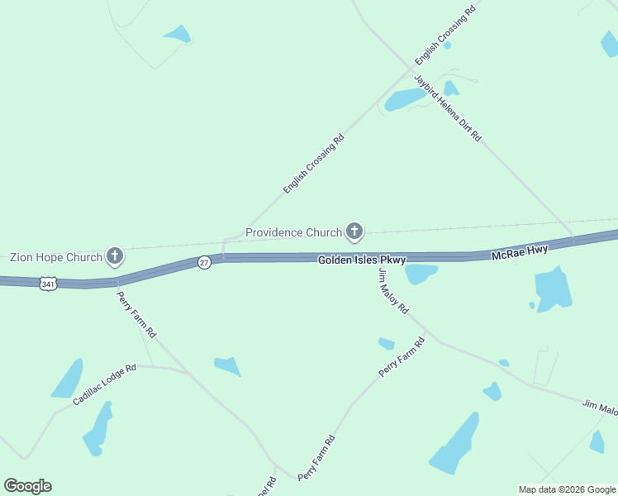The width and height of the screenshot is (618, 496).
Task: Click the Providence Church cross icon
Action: click(354, 232)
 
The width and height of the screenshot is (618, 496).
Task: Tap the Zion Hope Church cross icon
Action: click(115, 257)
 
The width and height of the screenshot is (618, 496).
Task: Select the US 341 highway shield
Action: click(48, 284)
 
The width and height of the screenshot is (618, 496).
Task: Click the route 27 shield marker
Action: click(204, 262)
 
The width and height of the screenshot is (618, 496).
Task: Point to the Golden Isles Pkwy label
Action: click(363, 260)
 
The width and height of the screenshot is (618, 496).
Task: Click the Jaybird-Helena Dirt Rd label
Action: click(447, 108)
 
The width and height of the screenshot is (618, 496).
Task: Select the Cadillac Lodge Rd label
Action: click(104, 385)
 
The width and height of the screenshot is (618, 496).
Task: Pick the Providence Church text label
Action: click(293, 232)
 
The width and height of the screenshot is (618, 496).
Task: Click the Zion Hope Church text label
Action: click(56, 257)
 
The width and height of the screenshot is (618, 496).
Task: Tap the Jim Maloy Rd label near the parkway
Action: click(393, 290)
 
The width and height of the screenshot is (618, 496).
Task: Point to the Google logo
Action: click(27, 486)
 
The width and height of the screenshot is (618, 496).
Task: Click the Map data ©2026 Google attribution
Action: click(567, 489)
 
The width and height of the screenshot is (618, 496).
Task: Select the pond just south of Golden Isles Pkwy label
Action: click(420, 273)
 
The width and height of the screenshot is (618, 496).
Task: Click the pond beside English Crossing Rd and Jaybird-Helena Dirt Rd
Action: click(405, 100)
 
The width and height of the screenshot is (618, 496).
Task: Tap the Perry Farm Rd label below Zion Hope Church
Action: click(135, 314)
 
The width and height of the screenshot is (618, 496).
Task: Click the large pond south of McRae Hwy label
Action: click(553, 289)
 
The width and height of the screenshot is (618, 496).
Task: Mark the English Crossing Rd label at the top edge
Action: click(445, 35)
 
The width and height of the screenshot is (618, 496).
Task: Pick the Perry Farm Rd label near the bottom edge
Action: click(316, 458)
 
